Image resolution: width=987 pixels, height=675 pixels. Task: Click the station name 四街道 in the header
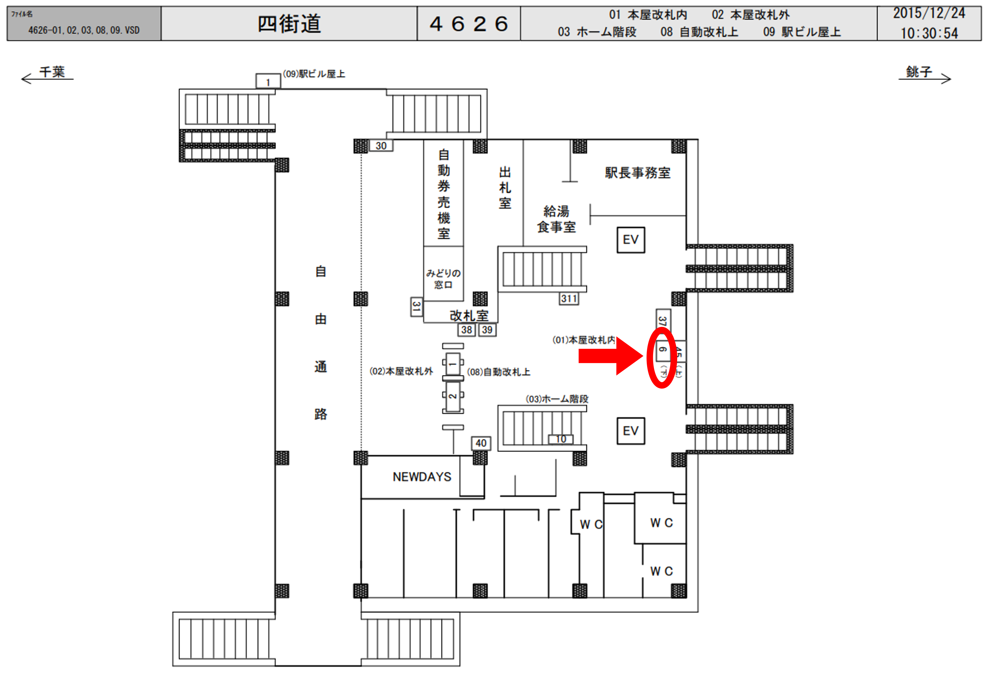coord(289,24)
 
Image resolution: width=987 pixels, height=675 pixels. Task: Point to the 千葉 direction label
coord(52,72)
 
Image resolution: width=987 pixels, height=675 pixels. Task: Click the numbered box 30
coord(381,146)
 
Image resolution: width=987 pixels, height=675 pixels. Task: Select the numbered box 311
coord(569,299)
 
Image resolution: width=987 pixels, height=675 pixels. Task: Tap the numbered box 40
coord(481,443)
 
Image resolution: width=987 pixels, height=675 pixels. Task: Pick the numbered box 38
coord(467,330)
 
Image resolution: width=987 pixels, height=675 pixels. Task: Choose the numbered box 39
coord(487,330)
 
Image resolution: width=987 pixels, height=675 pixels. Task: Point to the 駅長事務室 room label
coord(638,173)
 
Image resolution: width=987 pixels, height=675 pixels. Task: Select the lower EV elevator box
coord(631,431)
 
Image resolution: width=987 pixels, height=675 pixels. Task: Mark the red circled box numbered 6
coord(662,350)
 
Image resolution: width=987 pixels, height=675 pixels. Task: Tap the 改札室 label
coord(469,316)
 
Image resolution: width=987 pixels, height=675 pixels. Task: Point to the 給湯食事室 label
coord(556,219)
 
